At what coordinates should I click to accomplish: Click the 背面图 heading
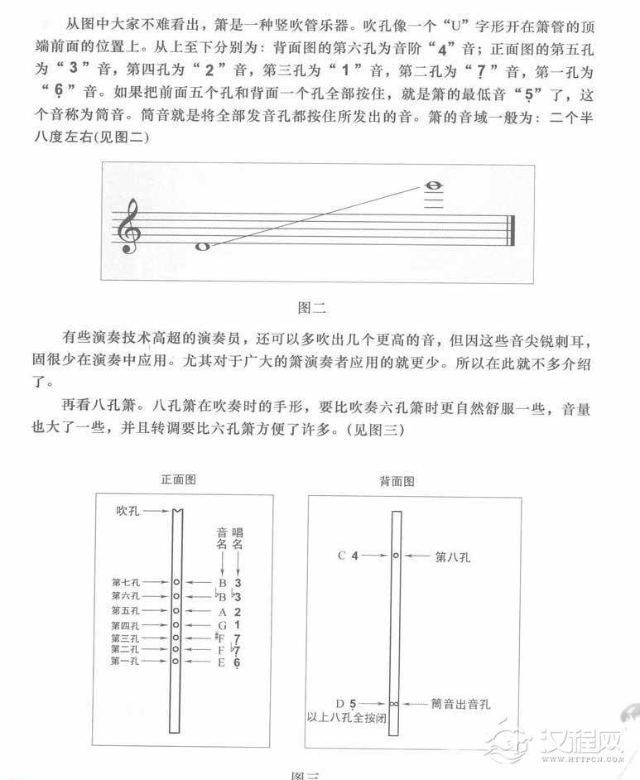[x=397, y=479]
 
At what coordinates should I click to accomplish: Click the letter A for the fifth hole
[x=222, y=610]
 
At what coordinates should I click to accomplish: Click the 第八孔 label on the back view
[x=452, y=556]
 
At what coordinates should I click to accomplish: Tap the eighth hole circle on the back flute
[x=396, y=556]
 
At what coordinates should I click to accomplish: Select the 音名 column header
[x=221, y=537]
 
